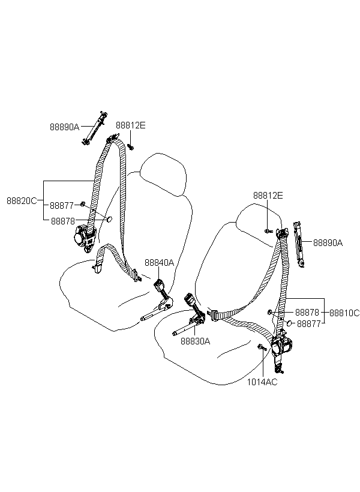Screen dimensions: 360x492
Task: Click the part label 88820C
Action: coord(22,201)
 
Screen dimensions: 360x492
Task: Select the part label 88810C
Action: coord(344,313)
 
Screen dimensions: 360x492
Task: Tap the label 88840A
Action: coord(159,263)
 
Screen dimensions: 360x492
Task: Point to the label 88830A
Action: coord(195,341)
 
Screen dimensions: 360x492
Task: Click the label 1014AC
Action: coord(262,382)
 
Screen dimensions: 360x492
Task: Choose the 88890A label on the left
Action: coord(65,127)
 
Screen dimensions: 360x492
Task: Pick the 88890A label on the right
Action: coord(328,242)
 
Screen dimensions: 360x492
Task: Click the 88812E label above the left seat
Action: coord(131,125)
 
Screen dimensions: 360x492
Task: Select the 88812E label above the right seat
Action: coord(268,196)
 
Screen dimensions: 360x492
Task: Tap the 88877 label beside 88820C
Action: coord(62,206)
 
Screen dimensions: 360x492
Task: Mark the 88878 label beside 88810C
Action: coord(307,313)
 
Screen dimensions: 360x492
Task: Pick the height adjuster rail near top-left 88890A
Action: coord(94,128)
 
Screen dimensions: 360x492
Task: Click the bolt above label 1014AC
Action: coord(262,347)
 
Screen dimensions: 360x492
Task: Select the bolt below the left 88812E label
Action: coord(131,146)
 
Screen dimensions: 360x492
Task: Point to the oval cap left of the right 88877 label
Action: coord(289,323)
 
